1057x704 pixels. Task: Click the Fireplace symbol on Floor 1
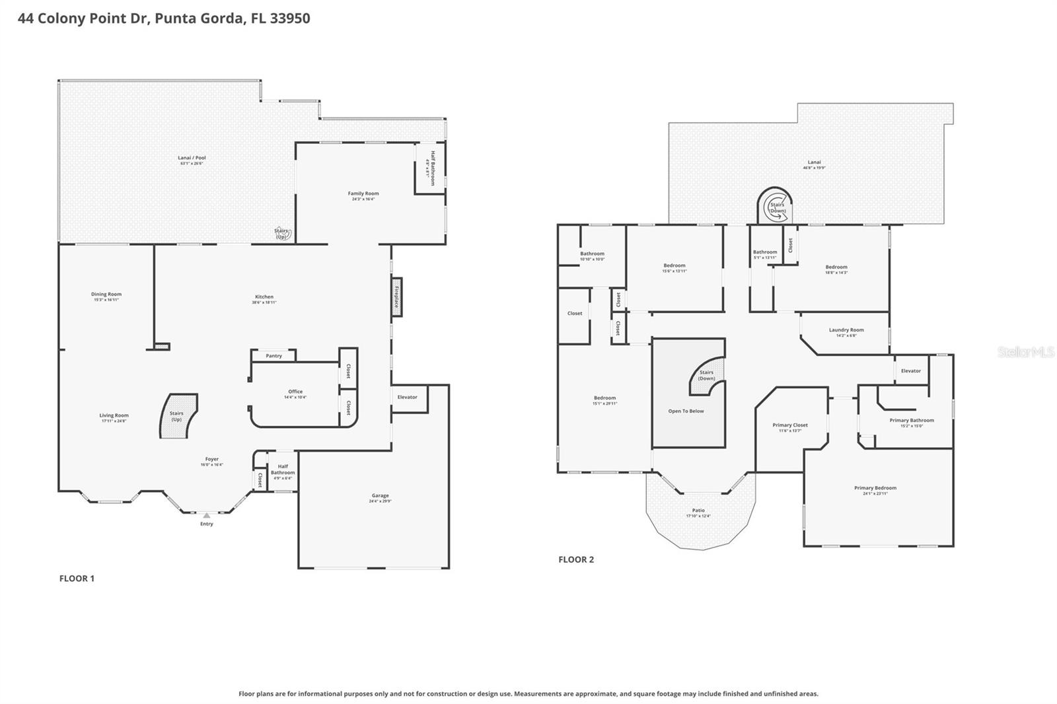click(x=396, y=297)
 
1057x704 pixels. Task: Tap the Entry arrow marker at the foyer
click(x=207, y=515)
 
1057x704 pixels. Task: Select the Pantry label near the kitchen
click(x=273, y=356)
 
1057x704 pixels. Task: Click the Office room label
click(x=295, y=392)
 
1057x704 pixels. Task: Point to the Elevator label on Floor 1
click(x=407, y=397)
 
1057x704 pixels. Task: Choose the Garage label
click(x=380, y=495)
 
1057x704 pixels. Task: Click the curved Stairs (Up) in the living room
click(x=178, y=416)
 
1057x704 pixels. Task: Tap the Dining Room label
click(x=106, y=295)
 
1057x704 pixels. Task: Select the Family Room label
click(x=363, y=194)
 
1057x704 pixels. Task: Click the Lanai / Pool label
click(x=192, y=158)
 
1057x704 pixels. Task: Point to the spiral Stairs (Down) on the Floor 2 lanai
click(x=776, y=207)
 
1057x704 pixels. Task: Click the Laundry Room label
click(x=846, y=330)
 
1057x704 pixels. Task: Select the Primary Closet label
click(x=790, y=425)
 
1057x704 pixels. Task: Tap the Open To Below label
click(x=686, y=411)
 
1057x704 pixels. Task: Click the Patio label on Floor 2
click(x=698, y=510)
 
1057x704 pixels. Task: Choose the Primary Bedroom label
click(x=875, y=488)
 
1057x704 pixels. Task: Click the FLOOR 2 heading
click(x=576, y=559)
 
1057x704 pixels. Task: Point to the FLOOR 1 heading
click(x=77, y=579)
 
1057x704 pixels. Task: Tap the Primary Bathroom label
click(x=912, y=420)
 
